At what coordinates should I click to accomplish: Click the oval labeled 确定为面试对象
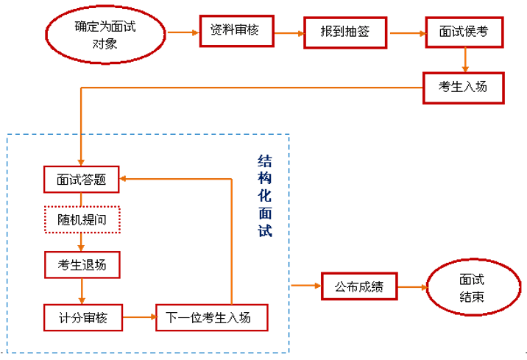[x=105, y=33]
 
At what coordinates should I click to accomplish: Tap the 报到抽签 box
[x=344, y=32]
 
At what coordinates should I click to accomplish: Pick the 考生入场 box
[x=463, y=86]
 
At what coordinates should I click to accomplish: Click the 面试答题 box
[x=81, y=179]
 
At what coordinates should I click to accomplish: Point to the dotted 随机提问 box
[x=81, y=220]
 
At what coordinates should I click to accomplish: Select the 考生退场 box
[x=81, y=264]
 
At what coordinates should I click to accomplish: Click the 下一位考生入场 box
[x=211, y=317]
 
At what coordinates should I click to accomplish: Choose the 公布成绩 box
[x=358, y=285]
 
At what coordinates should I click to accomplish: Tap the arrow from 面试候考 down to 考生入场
[x=465, y=60]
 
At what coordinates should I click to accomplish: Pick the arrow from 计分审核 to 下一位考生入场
[x=138, y=317]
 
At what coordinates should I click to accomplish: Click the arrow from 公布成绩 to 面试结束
[x=411, y=286]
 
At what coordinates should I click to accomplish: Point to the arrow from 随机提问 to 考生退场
[x=81, y=242]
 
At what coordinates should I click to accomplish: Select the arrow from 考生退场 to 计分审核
[x=81, y=290]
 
